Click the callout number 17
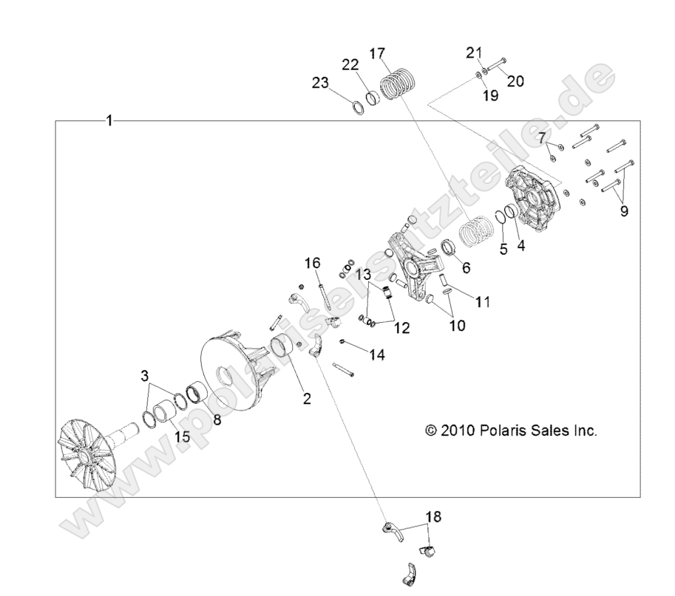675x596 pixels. (377, 53)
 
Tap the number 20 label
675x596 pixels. (515, 81)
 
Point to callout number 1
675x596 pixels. (109, 120)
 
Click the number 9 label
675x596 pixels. (624, 211)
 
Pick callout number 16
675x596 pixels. (313, 263)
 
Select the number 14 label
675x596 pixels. (377, 355)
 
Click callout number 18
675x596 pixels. (433, 516)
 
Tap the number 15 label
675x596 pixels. (182, 436)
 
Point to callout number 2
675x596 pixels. (306, 399)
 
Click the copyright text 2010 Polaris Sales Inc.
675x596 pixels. (511, 430)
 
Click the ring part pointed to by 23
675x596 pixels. (356, 107)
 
